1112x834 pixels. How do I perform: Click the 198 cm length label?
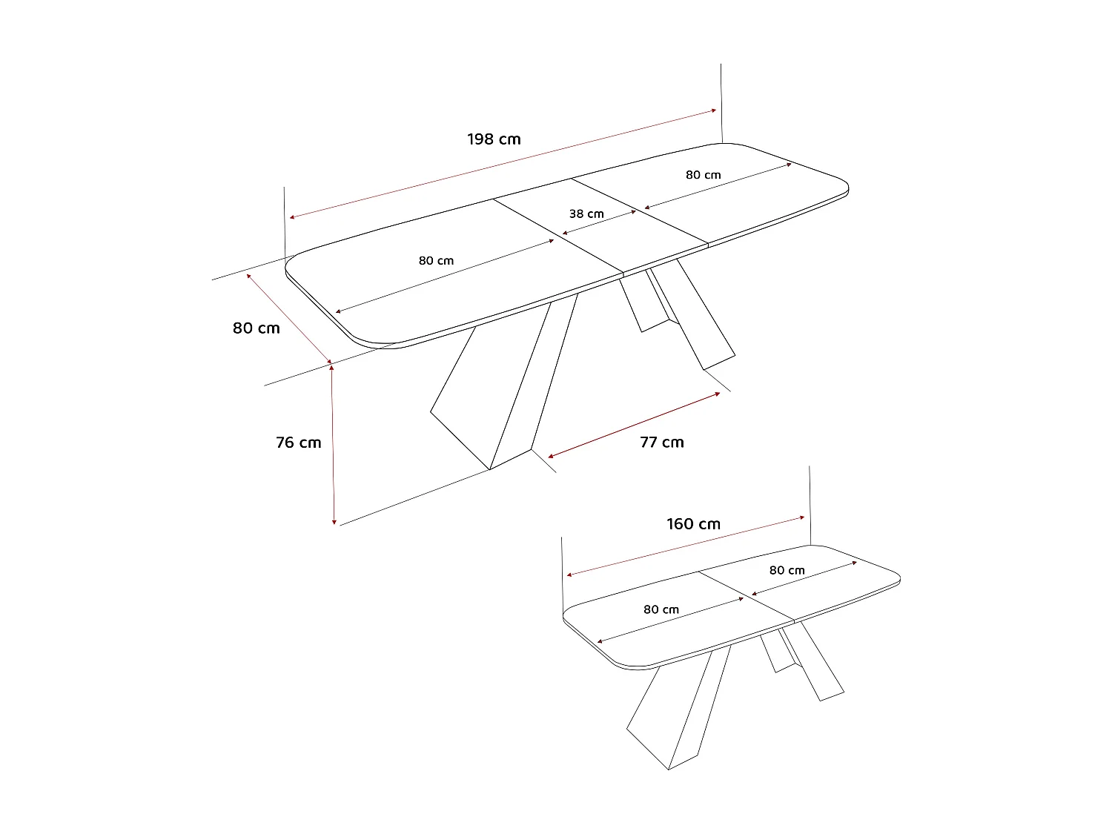tap(494, 139)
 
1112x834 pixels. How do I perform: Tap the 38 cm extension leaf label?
tap(586, 214)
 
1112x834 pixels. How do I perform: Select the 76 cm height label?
tap(299, 443)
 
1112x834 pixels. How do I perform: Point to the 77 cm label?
tap(662, 443)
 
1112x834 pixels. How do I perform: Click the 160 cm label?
tap(693, 524)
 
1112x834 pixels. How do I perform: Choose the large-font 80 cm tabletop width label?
tap(257, 328)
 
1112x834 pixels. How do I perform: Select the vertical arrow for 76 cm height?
tap(333, 445)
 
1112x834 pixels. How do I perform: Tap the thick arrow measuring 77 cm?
tap(634, 424)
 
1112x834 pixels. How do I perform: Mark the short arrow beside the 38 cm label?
tap(599, 223)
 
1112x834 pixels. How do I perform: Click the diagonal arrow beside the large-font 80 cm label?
tap(290, 319)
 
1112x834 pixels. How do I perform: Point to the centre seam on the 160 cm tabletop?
tap(746, 596)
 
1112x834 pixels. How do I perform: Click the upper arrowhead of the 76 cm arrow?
tap(332, 368)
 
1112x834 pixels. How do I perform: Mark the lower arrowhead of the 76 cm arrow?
tap(334, 521)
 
